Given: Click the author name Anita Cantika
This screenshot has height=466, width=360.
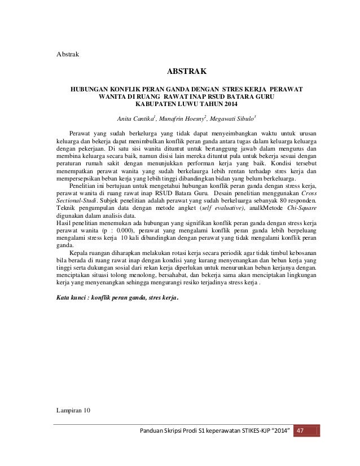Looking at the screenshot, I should tap(132, 119).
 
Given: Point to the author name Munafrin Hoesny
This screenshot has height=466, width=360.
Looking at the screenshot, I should tap(174, 119).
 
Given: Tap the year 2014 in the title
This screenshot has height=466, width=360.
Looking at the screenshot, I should tap(219, 104).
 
